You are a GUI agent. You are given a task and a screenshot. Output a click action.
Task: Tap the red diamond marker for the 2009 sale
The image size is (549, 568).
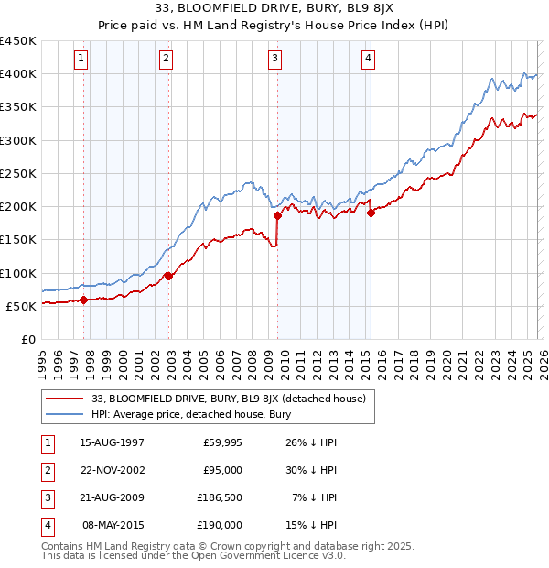[277, 216]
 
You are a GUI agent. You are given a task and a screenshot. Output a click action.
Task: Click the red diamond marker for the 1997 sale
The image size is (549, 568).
[83, 300]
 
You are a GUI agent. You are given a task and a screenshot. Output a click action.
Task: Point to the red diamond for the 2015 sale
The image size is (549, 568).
[371, 213]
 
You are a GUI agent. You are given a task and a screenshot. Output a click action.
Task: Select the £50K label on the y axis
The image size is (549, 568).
[22, 306]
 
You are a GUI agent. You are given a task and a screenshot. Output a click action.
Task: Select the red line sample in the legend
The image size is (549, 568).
[64, 399]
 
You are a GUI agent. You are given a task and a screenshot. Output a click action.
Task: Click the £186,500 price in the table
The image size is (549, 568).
[220, 497]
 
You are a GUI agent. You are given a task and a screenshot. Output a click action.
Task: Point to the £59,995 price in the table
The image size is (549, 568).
[222, 442]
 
